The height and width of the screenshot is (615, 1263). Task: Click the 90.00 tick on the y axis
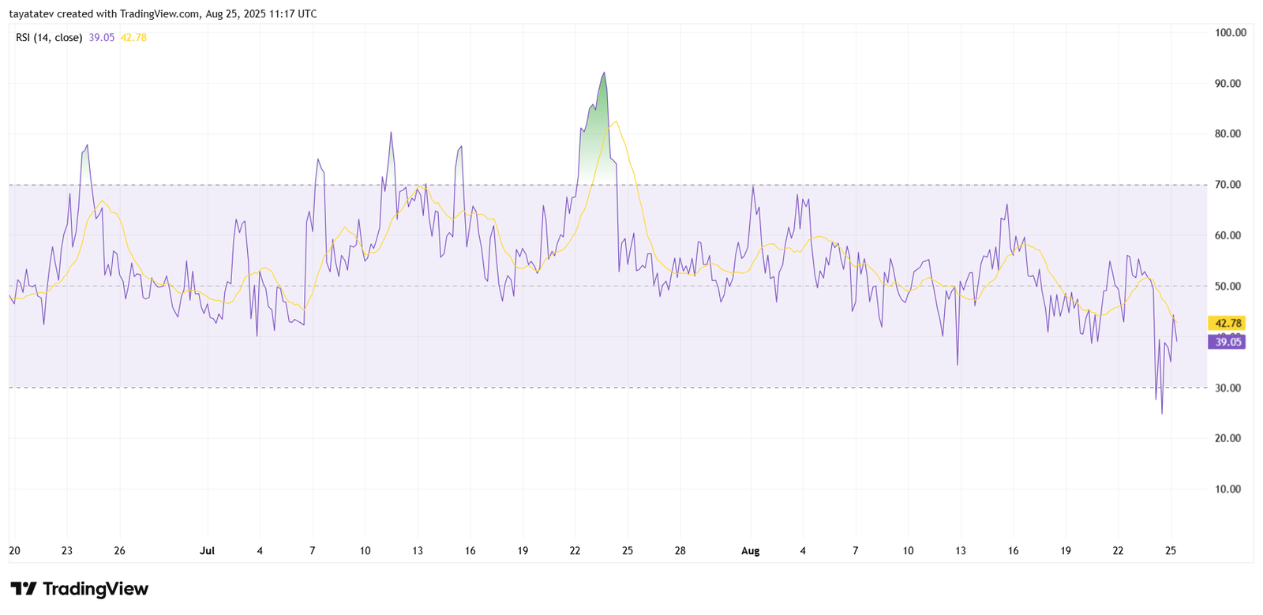(1227, 84)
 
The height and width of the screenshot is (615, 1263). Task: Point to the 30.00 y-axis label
(1227, 388)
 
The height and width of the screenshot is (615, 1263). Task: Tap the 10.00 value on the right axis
(1227, 489)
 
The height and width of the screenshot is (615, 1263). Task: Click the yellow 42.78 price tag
(1227, 323)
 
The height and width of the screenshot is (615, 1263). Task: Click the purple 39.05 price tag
(1227, 342)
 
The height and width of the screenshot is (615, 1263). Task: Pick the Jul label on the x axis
(207, 551)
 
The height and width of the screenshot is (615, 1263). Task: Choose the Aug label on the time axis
(750, 551)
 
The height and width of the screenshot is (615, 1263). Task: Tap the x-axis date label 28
(680, 551)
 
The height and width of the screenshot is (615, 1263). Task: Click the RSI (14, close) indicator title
(49, 37)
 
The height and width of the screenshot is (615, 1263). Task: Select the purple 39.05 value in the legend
(102, 37)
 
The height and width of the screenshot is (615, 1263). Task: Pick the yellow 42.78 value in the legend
(133, 37)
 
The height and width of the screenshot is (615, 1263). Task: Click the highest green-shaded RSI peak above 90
(604, 73)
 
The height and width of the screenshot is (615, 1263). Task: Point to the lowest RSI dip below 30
(1162, 412)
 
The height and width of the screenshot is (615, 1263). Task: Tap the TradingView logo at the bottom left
(79, 589)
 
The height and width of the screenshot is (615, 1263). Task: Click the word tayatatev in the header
(31, 13)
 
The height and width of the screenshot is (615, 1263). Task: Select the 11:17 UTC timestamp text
(284, 13)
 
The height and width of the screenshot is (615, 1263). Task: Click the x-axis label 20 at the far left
(14, 551)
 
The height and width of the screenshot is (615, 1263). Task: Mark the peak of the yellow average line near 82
(616, 122)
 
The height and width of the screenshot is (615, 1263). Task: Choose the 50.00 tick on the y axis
(1227, 287)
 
